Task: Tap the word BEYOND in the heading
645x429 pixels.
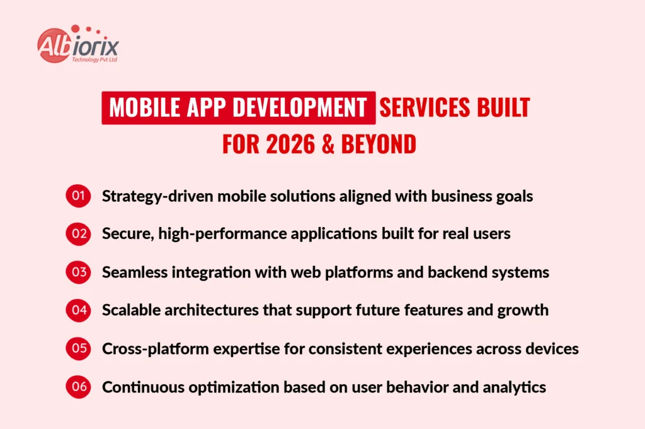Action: click(x=379, y=144)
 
